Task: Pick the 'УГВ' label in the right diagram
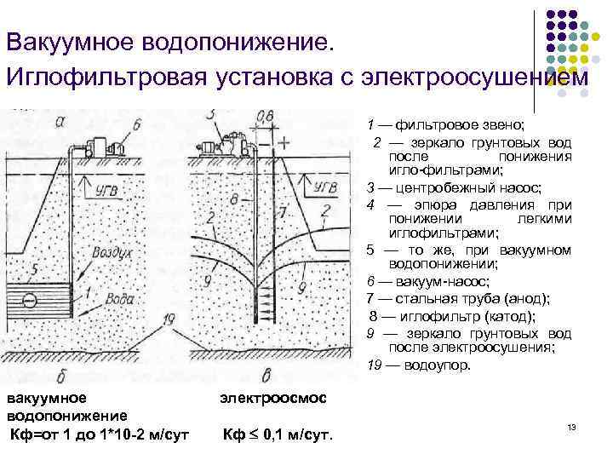(326, 186)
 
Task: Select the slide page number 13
(572, 425)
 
